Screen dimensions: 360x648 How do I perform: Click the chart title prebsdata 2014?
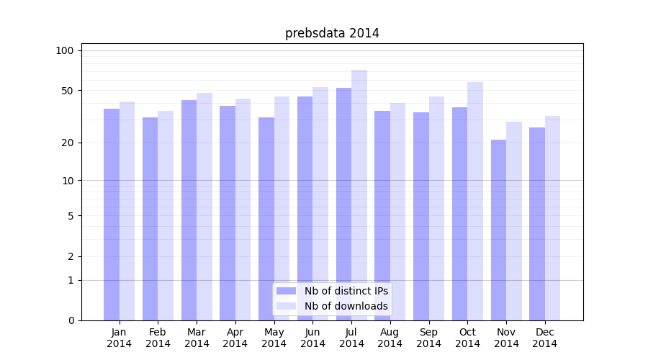[332, 33]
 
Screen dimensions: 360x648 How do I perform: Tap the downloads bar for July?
[359, 194]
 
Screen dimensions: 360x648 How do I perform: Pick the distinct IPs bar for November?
[498, 230]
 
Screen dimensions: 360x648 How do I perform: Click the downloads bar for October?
[475, 202]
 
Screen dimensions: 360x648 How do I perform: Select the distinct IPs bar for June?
[305, 209]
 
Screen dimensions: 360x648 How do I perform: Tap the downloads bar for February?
[166, 216]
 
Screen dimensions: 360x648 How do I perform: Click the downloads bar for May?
[282, 209]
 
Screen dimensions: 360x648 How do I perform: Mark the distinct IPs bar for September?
[421, 216]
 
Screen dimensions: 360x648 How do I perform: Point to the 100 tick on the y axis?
[65, 50]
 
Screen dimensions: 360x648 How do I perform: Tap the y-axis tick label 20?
[68, 143]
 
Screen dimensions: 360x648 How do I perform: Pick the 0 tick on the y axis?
[71, 320]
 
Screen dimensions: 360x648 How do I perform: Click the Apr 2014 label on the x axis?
[235, 338]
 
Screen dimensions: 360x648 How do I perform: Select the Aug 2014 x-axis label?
[390, 338]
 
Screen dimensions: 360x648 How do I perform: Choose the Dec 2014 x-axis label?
[545, 338]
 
